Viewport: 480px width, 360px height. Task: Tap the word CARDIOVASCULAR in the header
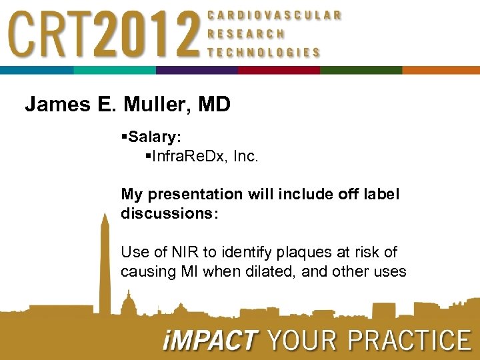click(275, 15)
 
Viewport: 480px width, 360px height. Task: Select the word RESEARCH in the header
click(246, 33)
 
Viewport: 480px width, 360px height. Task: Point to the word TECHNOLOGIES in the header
click(264, 53)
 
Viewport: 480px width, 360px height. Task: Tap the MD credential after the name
click(215, 105)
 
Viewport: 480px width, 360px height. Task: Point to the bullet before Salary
click(124, 137)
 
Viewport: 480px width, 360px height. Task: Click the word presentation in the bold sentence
click(195, 194)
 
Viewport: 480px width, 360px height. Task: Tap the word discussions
click(165, 213)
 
